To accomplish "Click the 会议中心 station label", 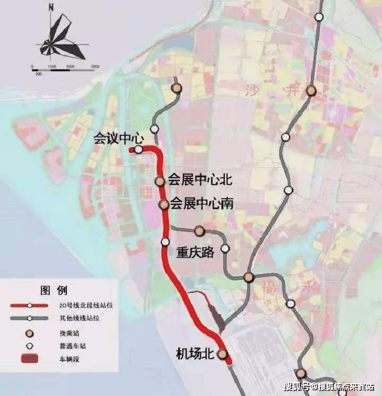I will pyautogui.click(x=119, y=139).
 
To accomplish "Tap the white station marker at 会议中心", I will pyautogui.click(x=138, y=150).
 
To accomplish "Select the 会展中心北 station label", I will pyautogui.click(x=200, y=180).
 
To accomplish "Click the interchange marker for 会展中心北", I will pyautogui.click(x=160, y=182).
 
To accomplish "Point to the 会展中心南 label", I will pyautogui.click(x=202, y=204).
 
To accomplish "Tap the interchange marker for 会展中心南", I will pyautogui.click(x=164, y=204).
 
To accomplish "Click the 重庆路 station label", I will pyautogui.click(x=195, y=252).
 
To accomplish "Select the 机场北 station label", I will pyautogui.click(x=197, y=353).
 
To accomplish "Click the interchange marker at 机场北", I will pyautogui.click(x=223, y=355).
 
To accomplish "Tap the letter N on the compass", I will pyautogui.click(x=51, y=7).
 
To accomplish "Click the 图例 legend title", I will pyautogui.click(x=54, y=290).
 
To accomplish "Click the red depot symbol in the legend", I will pyautogui.click(x=30, y=359).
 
